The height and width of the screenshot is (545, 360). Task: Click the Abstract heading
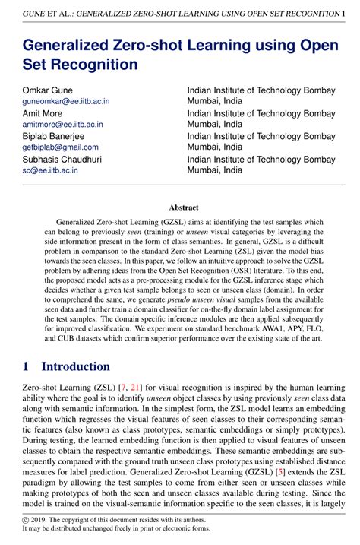(x=183, y=207)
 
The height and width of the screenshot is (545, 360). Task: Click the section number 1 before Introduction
(x=27, y=366)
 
